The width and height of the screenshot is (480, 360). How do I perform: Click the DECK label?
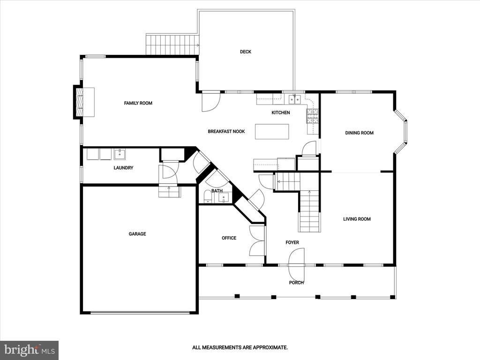click(246, 52)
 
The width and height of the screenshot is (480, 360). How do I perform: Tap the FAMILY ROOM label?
click(138, 103)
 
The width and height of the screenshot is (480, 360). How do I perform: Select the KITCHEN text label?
click(281, 112)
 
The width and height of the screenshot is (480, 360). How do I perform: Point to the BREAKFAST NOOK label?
click(226, 131)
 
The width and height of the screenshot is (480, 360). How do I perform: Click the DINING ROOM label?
click(360, 133)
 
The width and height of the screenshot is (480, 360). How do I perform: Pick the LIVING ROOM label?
click(357, 219)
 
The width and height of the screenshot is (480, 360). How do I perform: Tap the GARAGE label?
click(137, 234)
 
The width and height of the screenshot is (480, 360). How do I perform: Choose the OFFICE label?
click(229, 238)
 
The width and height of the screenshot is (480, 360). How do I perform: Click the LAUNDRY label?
click(123, 168)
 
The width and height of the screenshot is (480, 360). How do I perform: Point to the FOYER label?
click(292, 242)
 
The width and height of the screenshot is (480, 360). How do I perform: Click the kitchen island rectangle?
click(272, 132)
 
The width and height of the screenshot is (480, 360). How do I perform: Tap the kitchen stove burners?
click(313, 116)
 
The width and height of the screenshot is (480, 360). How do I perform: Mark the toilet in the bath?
click(208, 196)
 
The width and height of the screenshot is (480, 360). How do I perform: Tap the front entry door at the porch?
click(297, 264)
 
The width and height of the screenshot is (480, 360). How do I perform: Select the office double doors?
click(257, 240)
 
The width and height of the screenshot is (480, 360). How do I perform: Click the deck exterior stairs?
click(172, 45)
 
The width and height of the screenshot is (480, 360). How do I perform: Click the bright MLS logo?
click(30, 350)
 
